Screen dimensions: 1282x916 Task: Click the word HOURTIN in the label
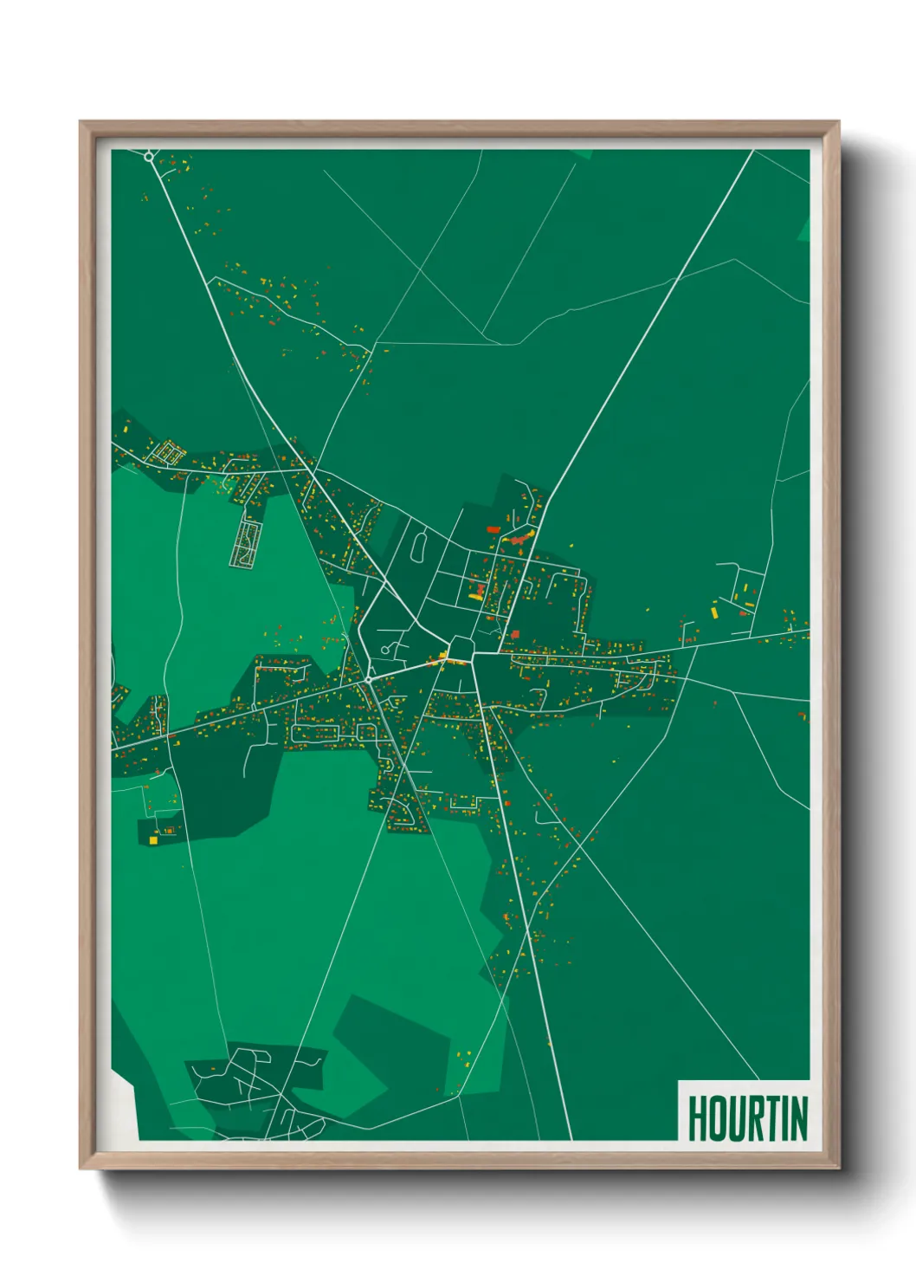pyautogui.click(x=747, y=1117)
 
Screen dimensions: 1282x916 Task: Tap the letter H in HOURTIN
pyautogui.click(x=696, y=1118)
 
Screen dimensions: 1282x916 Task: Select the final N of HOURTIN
pyautogui.click(x=799, y=1118)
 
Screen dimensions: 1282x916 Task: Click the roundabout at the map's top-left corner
pyautogui.click(x=149, y=157)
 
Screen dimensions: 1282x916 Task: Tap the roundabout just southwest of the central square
pyautogui.click(x=369, y=680)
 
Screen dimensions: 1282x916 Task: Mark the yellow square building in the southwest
pyautogui.click(x=153, y=839)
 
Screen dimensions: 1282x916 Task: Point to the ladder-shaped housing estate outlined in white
pyautogui.click(x=247, y=544)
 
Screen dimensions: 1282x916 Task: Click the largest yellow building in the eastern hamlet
pyautogui.click(x=715, y=612)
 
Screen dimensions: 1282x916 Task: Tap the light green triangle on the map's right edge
pyautogui.click(x=803, y=228)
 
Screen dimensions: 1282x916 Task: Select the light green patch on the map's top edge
pyautogui.click(x=583, y=154)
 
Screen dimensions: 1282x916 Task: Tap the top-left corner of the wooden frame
pyautogui.click(x=81, y=123)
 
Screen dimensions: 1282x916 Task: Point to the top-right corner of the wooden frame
pyautogui.click(x=837, y=123)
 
